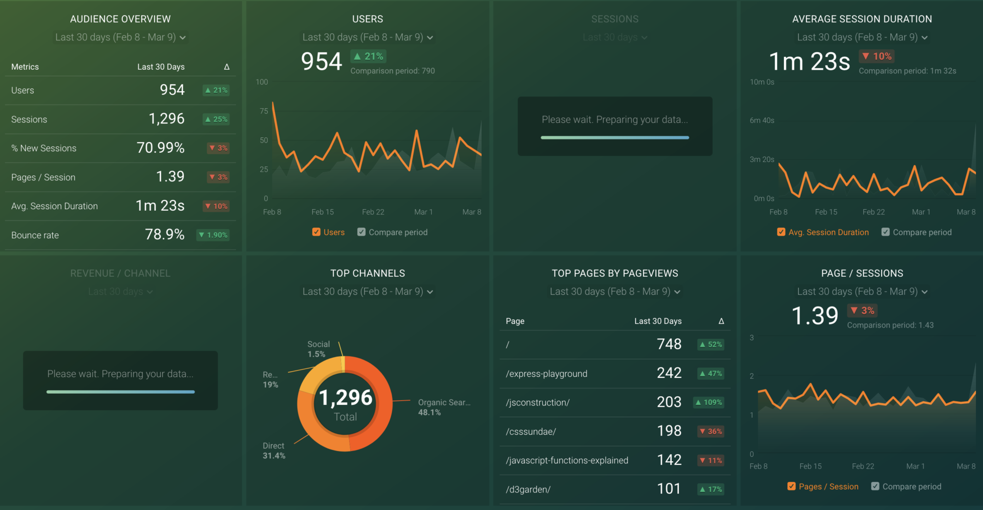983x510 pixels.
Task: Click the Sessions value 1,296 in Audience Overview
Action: pyautogui.click(x=166, y=119)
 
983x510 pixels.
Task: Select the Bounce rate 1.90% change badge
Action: pyautogui.click(x=213, y=235)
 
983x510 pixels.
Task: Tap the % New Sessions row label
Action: pyautogui.click(x=44, y=148)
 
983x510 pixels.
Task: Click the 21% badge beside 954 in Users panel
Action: pyautogui.click(x=369, y=56)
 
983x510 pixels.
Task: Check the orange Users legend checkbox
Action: pyautogui.click(x=316, y=232)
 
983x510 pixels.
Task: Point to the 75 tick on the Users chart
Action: pyautogui.click(x=264, y=111)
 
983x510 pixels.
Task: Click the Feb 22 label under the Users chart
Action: pyautogui.click(x=373, y=212)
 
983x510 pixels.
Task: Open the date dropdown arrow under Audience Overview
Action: pyautogui.click(x=183, y=37)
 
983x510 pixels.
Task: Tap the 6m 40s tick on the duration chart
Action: pyautogui.click(x=762, y=120)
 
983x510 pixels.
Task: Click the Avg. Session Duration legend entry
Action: pyautogui.click(x=828, y=232)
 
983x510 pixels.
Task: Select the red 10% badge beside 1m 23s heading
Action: pyautogui.click(x=877, y=56)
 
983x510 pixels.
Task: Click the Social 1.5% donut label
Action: pyautogui.click(x=318, y=349)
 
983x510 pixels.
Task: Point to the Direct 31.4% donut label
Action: pyautogui.click(x=274, y=451)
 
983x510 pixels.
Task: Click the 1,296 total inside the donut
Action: pyautogui.click(x=346, y=398)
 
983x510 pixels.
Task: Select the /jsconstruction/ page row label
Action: pyautogui.click(x=538, y=402)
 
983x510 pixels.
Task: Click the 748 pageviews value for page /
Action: pyautogui.click(x=669, y=344)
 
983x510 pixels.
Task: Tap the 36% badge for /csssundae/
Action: pyautogui.click(x=711, y=432)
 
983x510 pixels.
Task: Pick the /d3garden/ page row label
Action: pyautogui.click(x=528, y=489)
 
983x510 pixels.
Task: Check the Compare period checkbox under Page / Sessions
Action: pyautogui.click(x=875, y=486)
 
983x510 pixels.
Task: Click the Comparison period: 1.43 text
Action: pyautogui.click(x=890, y=325)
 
